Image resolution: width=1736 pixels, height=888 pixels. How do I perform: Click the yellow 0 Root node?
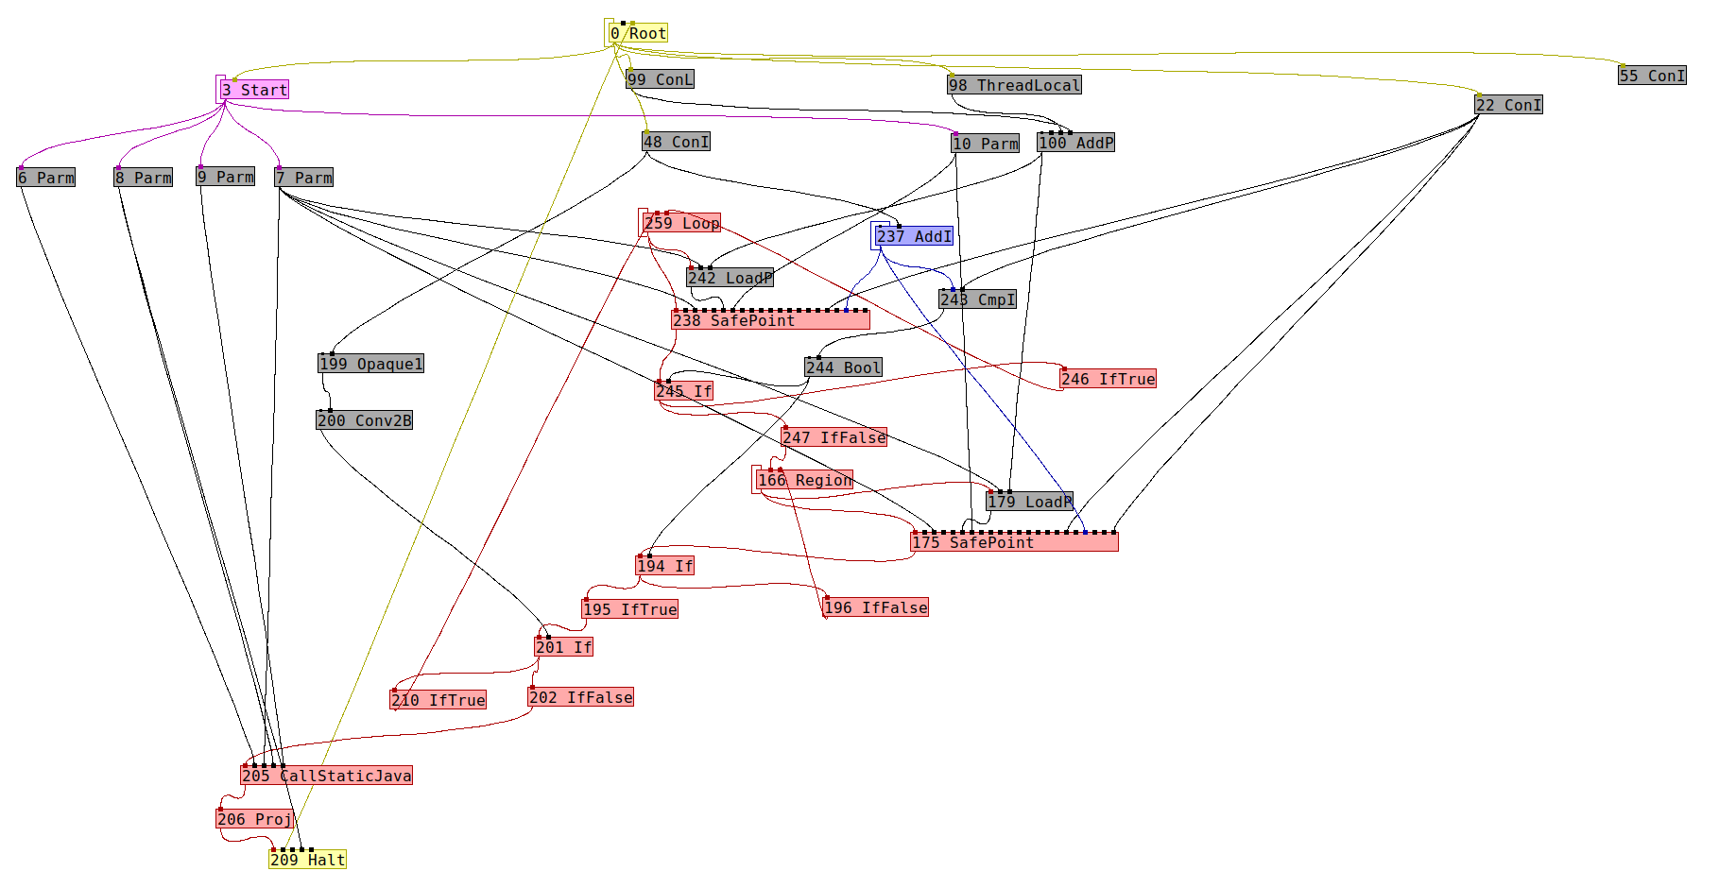point(638,34)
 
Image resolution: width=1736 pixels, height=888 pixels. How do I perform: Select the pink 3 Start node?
point(254,91)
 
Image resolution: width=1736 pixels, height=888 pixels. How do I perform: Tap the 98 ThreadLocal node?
point(1014,86)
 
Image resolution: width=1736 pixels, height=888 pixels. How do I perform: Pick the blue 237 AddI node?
point(914,237)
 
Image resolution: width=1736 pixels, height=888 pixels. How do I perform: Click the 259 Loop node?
point(681,224)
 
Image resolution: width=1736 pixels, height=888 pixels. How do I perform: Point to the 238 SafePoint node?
point(770,321)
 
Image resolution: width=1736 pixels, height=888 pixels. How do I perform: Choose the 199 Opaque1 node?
point(370,365)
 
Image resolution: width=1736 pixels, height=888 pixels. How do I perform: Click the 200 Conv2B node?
point(364,421)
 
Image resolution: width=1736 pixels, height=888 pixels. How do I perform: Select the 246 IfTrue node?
point(1108,380)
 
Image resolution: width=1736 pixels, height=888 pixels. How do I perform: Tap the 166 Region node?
point(804,481)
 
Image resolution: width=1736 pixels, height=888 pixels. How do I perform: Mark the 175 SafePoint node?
point(1014,542)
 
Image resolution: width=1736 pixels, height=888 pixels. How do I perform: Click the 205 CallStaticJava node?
point(326,777)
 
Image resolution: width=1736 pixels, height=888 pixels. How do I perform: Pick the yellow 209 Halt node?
point(307,861)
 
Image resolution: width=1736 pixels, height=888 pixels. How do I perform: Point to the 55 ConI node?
point(1652,77)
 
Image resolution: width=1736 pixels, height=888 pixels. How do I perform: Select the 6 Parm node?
point(45,179)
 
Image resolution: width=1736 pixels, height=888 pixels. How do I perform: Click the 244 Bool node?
point(843,368)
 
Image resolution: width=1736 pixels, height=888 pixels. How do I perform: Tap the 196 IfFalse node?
point(875,608)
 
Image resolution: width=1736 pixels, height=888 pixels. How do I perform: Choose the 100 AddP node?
point(1075,144)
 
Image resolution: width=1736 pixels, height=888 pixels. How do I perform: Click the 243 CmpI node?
point(977,300)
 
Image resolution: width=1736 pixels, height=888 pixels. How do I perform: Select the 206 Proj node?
point(254,820)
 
